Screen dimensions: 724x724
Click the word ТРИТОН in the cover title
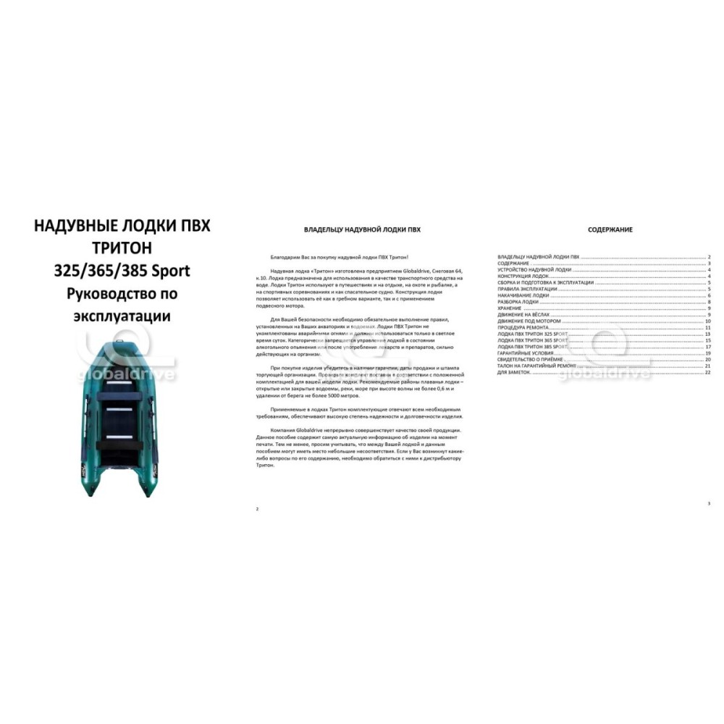coord(122,248)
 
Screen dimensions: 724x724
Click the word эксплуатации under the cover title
coord(122,316)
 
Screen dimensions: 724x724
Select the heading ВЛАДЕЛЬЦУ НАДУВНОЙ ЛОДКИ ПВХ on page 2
coord(362,230)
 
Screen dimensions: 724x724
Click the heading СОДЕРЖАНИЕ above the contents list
coord(610,230)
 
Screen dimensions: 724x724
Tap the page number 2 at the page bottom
coord(258,509)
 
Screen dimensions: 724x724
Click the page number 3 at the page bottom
coord(710,503)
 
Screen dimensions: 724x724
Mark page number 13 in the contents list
coord(707,334)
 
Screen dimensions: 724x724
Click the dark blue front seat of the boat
coord(122,395)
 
